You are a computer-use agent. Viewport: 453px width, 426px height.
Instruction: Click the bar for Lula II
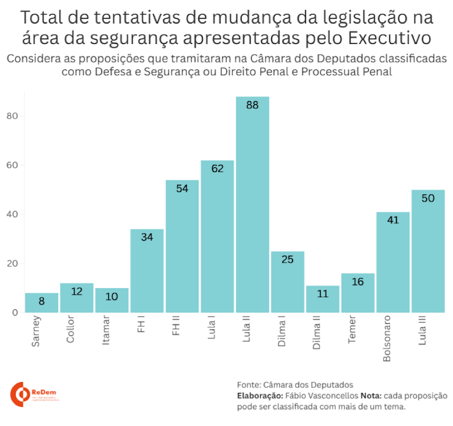(x=252, y=205)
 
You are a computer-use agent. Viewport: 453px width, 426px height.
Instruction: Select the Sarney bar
(x=41, y=303)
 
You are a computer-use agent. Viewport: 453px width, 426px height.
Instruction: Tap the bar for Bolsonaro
(x=393, y=262)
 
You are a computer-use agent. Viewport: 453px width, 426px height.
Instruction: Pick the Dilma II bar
(x=323, y=299)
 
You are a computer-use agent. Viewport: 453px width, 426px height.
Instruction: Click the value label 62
(x=217, y=168)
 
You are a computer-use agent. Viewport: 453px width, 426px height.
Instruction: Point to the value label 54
(x=182, y=188)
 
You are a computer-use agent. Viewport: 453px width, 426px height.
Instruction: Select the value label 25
(x=287, y=259)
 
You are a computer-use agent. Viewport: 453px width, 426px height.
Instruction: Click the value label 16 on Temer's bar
(x=357, y=282)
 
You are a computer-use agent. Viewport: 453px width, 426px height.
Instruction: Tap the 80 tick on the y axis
(x=11, y=116)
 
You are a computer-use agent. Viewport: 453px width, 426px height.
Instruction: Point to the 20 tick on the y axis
(x=11, y=264)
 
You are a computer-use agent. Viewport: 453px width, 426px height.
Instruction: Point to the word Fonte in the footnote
(x=248, y=384)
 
